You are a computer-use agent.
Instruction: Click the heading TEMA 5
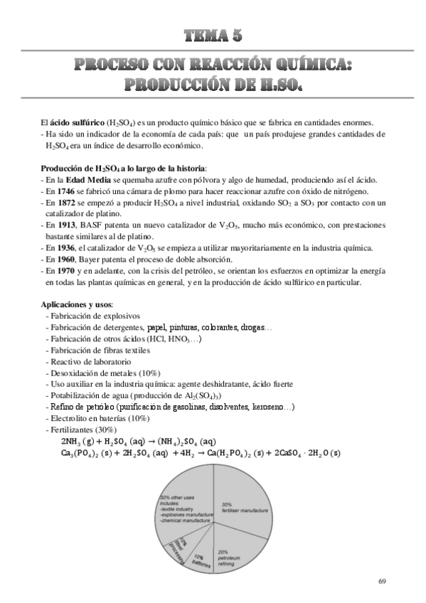(x=213, y=36)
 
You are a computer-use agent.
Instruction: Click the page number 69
(x=382, y=582)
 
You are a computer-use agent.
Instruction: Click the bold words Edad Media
(x=86, y=180)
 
